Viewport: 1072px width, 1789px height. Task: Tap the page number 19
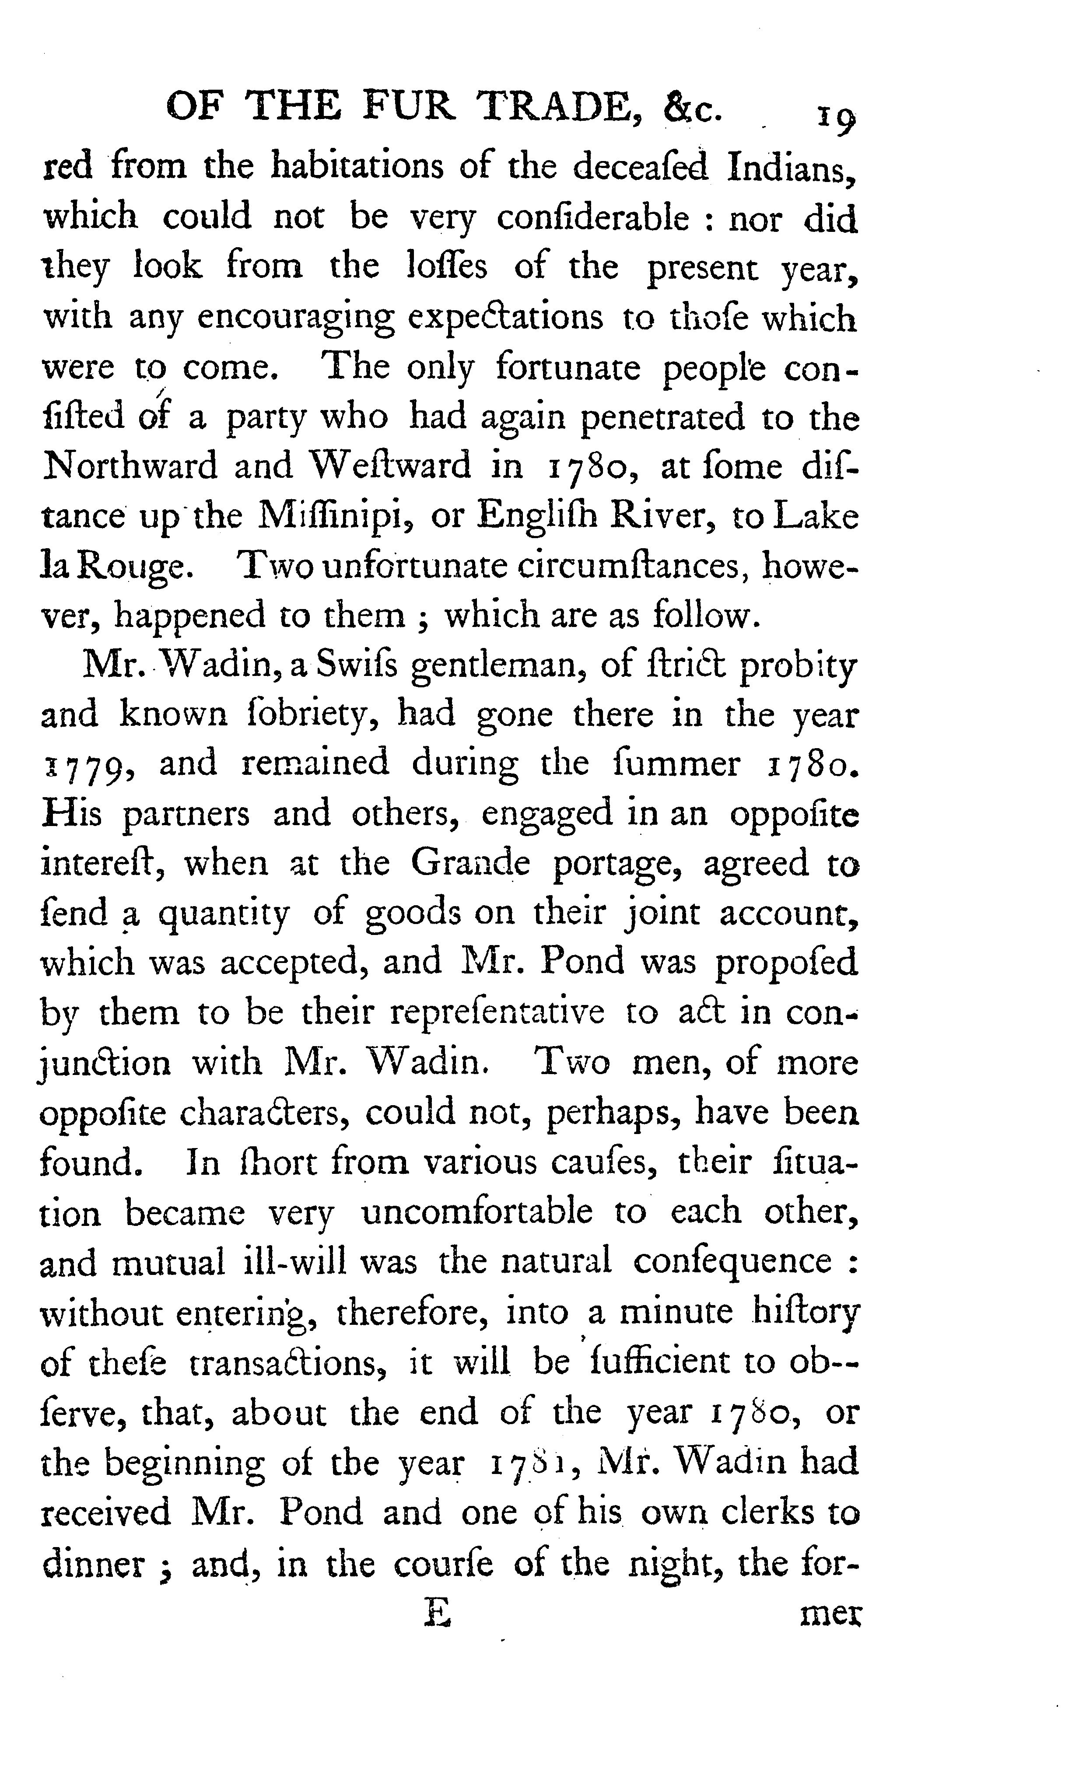coord(836,118)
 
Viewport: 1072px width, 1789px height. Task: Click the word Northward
coord(130,466)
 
